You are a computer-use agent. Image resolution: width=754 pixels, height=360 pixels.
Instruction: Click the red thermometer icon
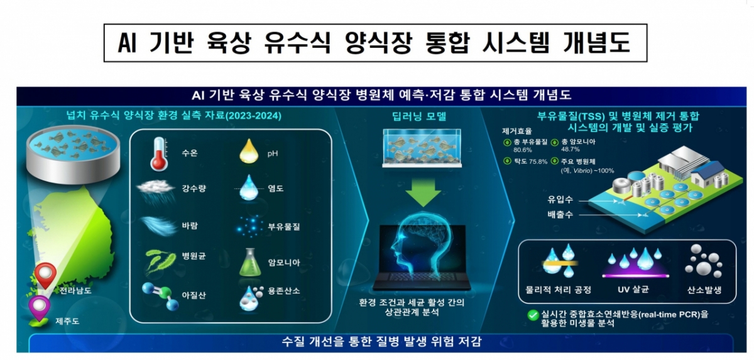pyautogui.click(x=159, y=154)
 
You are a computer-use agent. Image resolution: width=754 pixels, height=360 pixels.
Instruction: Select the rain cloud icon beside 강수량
pyautogui.click(x=156, y=190)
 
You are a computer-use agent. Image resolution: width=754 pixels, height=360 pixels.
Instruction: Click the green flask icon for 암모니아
pyautogui.click(x=250, y=263)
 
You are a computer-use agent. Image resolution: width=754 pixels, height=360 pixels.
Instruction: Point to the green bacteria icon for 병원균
pyautogui.click(x=161, y=261)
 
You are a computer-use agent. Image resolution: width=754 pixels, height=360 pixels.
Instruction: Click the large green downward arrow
pyautogui.click(x=423, y=192)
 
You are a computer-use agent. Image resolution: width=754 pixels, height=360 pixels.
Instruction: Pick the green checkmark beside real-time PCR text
pyautogui.click(x=533, y=315)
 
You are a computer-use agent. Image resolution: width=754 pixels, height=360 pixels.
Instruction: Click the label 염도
pyautogui.click(x=276, y=188)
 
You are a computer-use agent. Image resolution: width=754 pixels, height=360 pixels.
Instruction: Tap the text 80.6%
pyautogui.click(x=522, y=150)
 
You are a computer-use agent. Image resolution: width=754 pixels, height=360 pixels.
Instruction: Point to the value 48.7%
pyautogui.click(x=571, y=149)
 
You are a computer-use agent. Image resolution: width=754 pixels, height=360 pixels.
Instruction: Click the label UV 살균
pyautogui.click(x=633, y=290)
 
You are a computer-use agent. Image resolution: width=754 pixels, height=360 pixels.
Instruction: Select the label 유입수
pyautogui.click(x=560, y=200)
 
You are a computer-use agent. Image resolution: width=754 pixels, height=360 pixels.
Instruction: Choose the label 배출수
pyautogui.click(x=560, y=214)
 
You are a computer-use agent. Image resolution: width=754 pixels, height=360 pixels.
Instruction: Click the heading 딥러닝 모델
pyautogui.click(x=419, y=116)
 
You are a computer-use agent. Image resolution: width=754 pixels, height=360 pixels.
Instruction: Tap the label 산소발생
pyautogui.click(x=704, y=290)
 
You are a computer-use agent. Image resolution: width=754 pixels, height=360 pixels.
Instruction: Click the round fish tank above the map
pyautogui.click(x=74, y=154)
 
